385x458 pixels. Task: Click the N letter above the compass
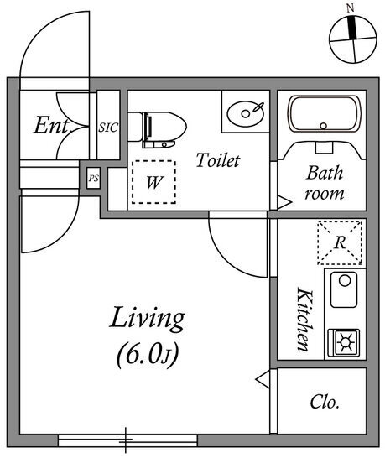click(x=350, y=8)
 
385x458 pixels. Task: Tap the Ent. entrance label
click(x=51, y=125)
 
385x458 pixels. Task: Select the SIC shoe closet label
click(x=108, y=128)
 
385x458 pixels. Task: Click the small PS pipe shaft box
click(x=93, y=178)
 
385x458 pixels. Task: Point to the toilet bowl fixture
click(x=157, y=129)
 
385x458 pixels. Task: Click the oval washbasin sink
click(x=245, y=113)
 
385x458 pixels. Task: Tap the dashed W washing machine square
click(x=153, y=182)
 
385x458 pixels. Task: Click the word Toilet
click(x=218, y=160)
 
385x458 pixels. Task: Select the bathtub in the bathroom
click(x=324, y=114)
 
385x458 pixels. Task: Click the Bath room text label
click(x=325, y=183)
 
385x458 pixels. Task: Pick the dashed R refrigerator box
click(x=340, y=242)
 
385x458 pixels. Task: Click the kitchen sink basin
click(x=344, y=289)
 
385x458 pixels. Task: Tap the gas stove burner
click(x=344, y=342)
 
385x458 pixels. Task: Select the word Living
click(x=148, y=319)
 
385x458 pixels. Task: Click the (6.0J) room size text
click(x=148, y=355)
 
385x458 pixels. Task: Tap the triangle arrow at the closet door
click(x=263, y=379)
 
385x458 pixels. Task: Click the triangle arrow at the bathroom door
click(x=284, y=202)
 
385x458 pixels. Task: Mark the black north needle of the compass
click(x=352, y=27)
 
